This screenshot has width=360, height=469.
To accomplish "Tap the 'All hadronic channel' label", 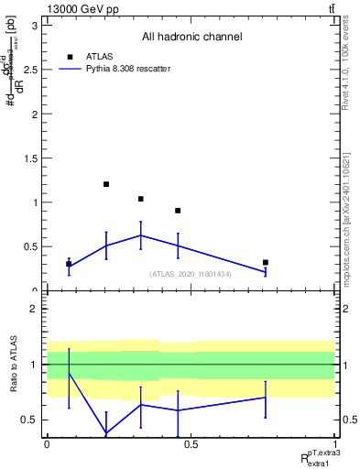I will (x=191, y=38).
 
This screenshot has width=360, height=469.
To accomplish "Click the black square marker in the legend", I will (x=70, y=56).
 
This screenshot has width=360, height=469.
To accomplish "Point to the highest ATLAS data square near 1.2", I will (x=106, y=184).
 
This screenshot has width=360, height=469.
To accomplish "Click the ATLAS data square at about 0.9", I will (x=178, y=211).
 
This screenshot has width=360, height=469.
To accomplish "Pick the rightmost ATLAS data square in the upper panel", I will (x=265, y=262).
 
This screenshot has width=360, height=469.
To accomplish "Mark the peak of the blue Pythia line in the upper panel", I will (x=140, y=235).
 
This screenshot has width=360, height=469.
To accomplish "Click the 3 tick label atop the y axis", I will (x=34, y=26).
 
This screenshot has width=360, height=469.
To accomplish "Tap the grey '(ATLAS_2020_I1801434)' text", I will (x=191, y=273).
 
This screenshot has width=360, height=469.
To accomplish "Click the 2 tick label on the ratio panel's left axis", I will (x=34, y=310).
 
